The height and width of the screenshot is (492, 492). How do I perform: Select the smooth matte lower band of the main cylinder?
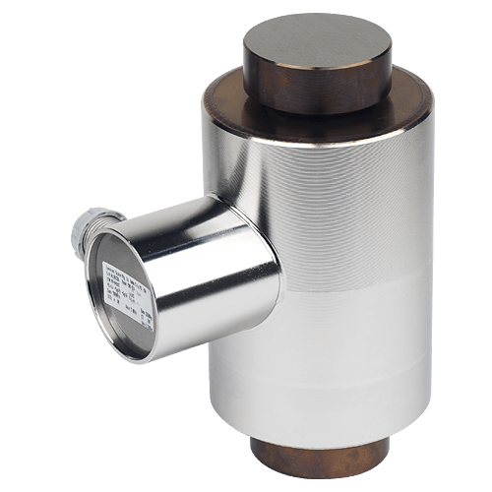pos(325,374)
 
